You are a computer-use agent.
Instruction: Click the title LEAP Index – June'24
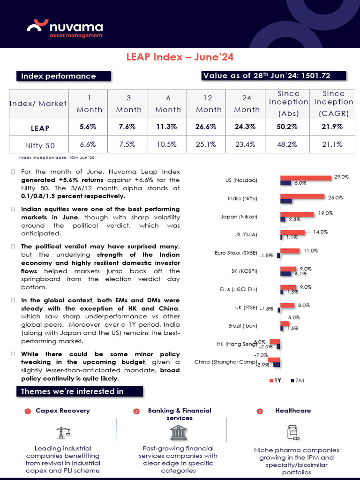[x=180, y=57]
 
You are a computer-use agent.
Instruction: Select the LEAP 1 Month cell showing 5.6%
[x=88, y=127]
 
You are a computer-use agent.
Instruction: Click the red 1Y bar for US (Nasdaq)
[x=306, y=178]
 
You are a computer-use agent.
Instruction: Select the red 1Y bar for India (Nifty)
[x=302, y=196]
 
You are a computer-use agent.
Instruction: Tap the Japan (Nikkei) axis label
[x=239, y=217]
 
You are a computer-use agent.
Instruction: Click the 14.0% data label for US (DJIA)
[x=321, y=232]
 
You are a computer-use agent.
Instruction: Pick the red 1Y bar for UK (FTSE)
[x=287, y=306]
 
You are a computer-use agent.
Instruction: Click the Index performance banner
[x=64, y=76]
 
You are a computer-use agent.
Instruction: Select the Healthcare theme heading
[x=293, y=411]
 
